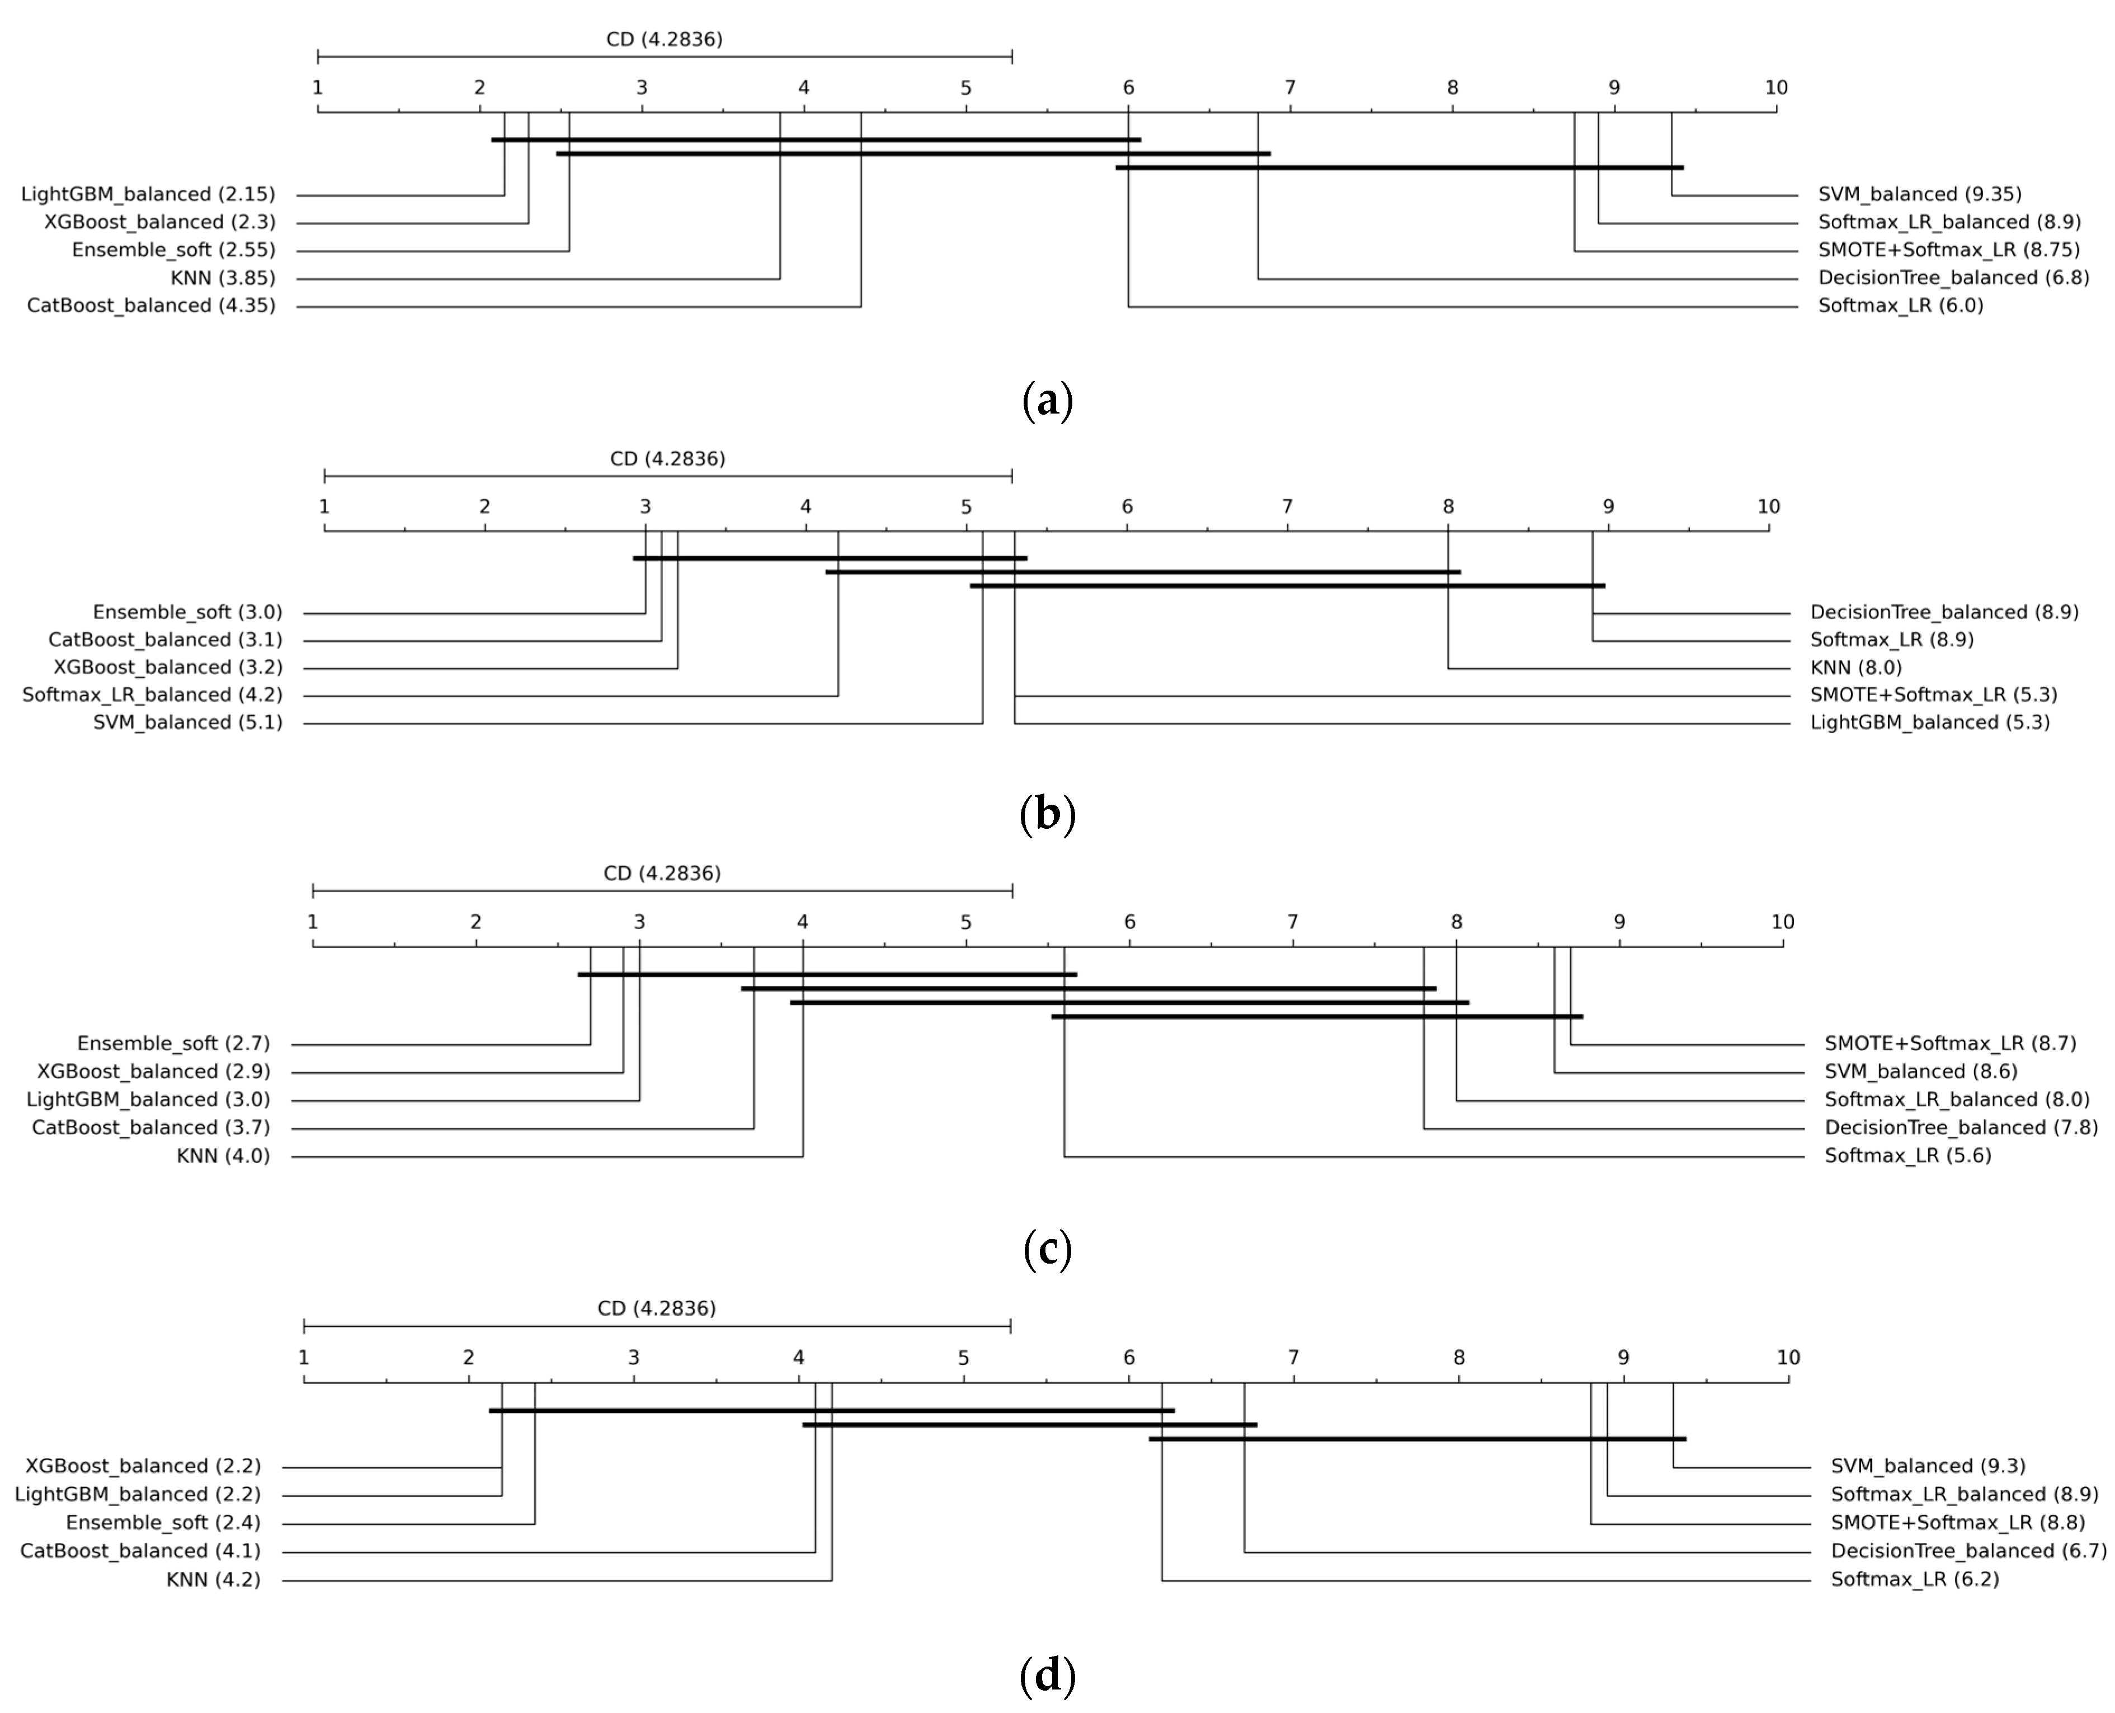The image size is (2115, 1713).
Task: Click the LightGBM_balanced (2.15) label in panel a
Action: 148,194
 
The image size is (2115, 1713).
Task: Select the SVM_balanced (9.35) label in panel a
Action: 1920,194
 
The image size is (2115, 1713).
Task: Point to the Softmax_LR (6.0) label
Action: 1900,306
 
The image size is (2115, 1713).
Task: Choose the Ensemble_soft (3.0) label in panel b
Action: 187,613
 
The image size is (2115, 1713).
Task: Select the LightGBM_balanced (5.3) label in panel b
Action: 1929,723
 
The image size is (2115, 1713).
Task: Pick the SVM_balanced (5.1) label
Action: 187,723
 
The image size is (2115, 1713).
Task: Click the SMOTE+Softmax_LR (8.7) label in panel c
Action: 1950,1044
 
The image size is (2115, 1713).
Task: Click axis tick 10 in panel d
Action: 1788,1358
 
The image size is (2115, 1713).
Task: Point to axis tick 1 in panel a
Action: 318,88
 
